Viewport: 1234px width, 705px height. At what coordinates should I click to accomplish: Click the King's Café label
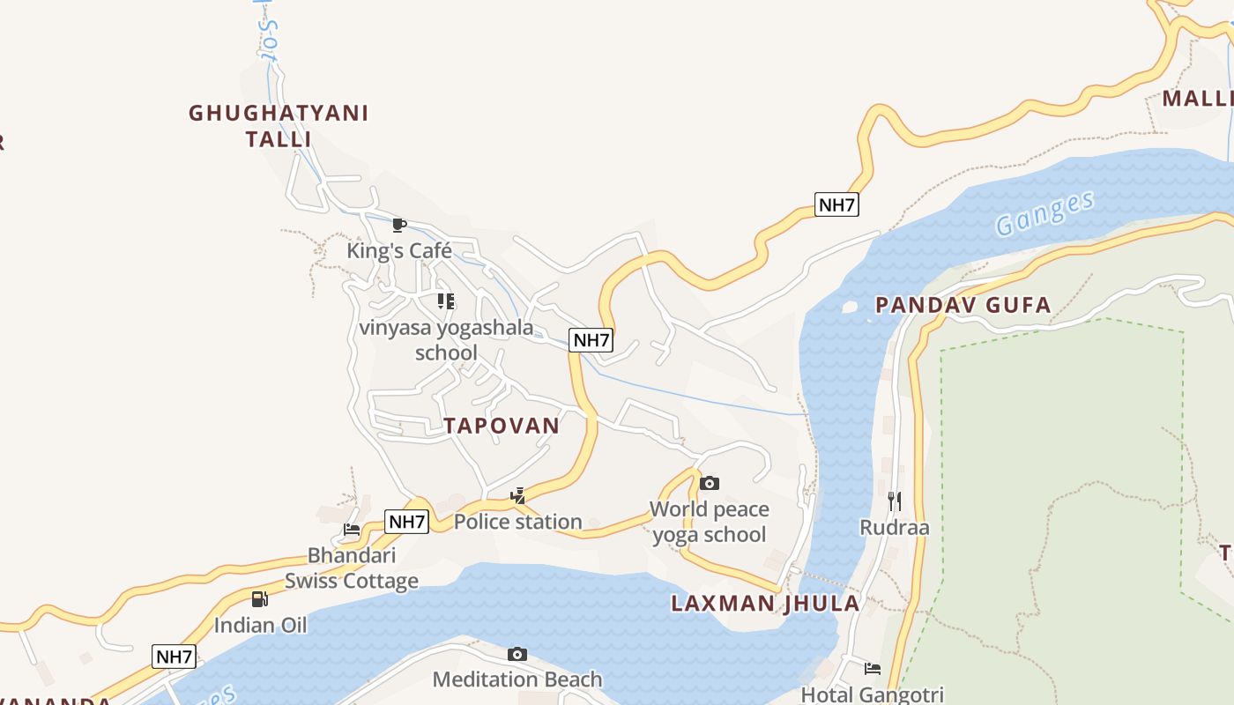(x=398, y=250)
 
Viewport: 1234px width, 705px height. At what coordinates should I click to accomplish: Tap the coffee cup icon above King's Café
(x=398, y=225)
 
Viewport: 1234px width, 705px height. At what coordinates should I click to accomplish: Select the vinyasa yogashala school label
(x=446, y=340)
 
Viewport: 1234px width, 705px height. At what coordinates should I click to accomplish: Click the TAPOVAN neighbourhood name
(x=502, y=426)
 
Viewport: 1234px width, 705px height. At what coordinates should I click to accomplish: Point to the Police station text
(x=517, y=522)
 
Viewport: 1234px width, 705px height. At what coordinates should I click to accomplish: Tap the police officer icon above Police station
(x=517, y=496)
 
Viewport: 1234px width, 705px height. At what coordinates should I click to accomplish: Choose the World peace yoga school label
(x=709, y=522)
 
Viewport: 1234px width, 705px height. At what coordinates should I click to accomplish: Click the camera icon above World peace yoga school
(x=709, y=483)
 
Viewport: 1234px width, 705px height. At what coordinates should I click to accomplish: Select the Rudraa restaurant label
(x=895, y=528)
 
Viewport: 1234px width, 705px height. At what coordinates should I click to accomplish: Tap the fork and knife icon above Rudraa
(x=895, y=501)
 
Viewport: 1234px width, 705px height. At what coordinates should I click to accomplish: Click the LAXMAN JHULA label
(x=765, y=604)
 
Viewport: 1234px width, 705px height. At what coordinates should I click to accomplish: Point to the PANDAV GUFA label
(x=963, y=306)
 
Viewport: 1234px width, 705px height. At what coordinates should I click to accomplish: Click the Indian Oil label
(x=260, y=626)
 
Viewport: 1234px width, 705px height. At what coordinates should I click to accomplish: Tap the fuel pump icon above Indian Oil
(x=260, y=599)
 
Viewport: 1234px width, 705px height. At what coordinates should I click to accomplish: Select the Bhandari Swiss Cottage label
(x=351, y=568)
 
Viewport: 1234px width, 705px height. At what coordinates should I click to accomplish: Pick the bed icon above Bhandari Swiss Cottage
(x=352, y=530)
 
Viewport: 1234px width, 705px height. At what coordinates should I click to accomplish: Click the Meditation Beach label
(x=517, y=679)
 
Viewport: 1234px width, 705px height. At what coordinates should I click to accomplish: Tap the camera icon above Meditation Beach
(x=517, y=654)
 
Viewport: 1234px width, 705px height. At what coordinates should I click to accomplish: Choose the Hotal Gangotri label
(x=872, y=694)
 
